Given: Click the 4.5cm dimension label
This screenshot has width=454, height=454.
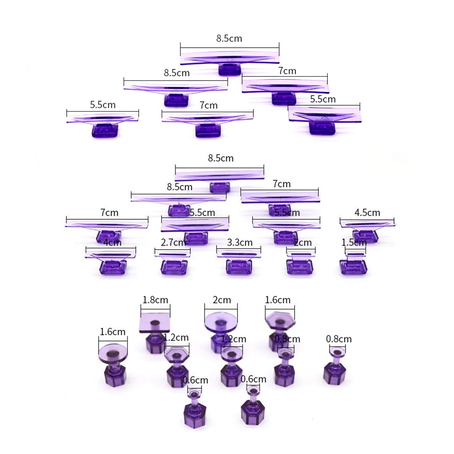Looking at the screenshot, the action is tap(367, 212).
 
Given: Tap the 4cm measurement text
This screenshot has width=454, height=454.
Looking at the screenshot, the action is tap(112, 243).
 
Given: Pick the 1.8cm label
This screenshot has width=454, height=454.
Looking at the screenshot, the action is tap(155, 300).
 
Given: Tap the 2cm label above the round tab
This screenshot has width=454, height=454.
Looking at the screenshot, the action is tap(222, 300).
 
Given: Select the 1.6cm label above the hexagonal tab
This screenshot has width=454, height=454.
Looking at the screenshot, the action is tap(278, 300).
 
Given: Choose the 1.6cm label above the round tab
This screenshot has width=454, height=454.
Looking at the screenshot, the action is tap(113, 332).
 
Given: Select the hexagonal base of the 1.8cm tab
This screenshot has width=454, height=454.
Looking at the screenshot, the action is tap(155, 344).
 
